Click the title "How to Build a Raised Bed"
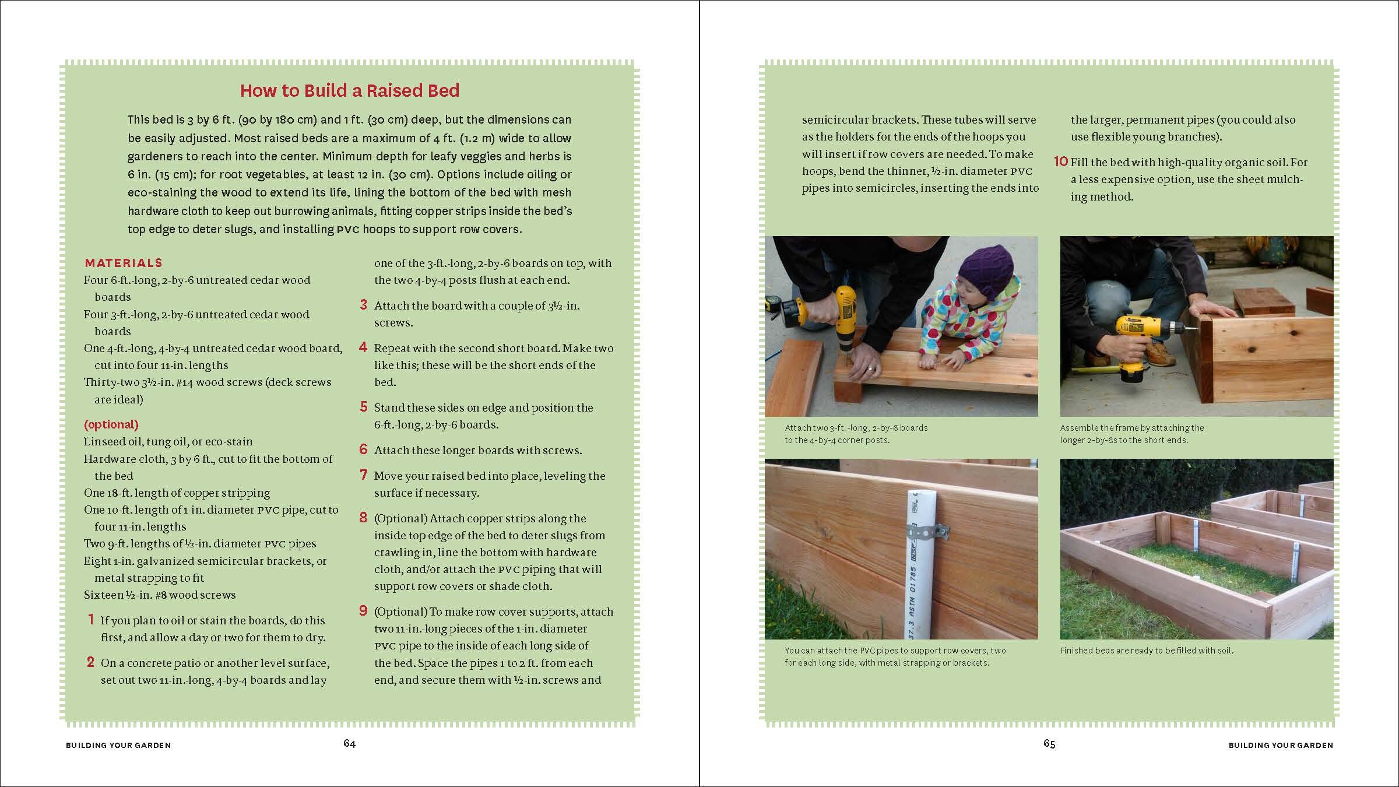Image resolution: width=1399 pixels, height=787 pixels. (x=350, y=90)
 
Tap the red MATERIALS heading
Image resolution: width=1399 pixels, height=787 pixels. (x=124, y=263)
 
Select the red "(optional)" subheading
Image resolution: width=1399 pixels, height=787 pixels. (x=111, y=424)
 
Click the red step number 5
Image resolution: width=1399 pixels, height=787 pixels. (x=364, y=407)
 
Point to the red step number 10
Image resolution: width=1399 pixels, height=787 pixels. (x=1061, y=161)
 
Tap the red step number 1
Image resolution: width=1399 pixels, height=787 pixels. (x=91, y=620)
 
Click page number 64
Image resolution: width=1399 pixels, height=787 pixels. (x=349, y=743)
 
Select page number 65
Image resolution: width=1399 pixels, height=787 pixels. (x=1049, y=743)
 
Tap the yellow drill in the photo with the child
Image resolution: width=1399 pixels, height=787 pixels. (x=842, y=315)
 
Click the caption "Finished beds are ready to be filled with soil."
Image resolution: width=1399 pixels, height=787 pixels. (x=1147, y=650)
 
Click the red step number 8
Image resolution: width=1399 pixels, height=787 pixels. (x=364, y=518)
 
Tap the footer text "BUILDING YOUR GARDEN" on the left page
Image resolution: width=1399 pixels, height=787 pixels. (x=118, y=745)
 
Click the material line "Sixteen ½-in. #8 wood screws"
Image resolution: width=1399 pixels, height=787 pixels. (x=160, y=595)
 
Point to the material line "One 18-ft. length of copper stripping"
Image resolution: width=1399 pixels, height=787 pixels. (x=177, y=493)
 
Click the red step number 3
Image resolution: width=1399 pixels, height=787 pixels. (x=364, y=305)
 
